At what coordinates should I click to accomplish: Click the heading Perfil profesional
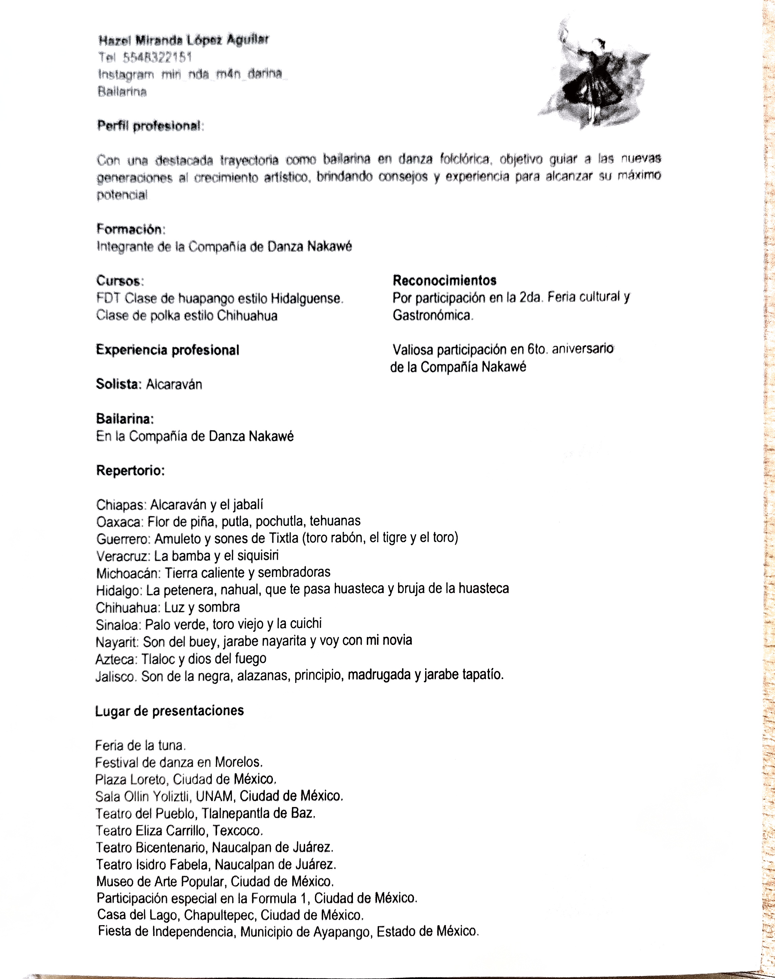pos(149,126)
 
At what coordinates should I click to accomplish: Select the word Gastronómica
pos(432,315)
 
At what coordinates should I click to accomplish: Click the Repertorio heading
pos(130,471)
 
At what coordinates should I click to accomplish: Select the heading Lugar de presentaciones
pos(169,711)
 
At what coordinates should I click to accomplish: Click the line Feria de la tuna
pos(140,746)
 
